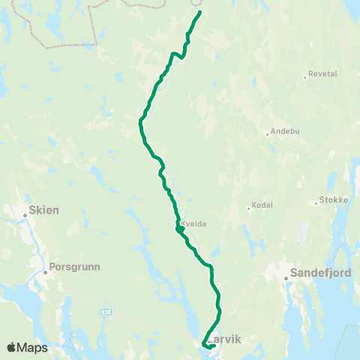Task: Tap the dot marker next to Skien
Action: pos(25,216)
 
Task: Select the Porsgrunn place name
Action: pos(75,266)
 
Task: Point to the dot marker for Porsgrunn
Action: pos(46,272)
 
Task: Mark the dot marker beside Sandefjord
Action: pos(286,280)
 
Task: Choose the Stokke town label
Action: pos(331,201)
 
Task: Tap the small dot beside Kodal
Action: pos(249,208)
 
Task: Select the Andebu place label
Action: pos(284,132)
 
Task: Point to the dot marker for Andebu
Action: pos(267,135)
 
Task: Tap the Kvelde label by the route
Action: pos(193,223)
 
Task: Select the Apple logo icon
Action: pos(12,347)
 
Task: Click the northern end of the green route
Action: pos(200,12)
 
